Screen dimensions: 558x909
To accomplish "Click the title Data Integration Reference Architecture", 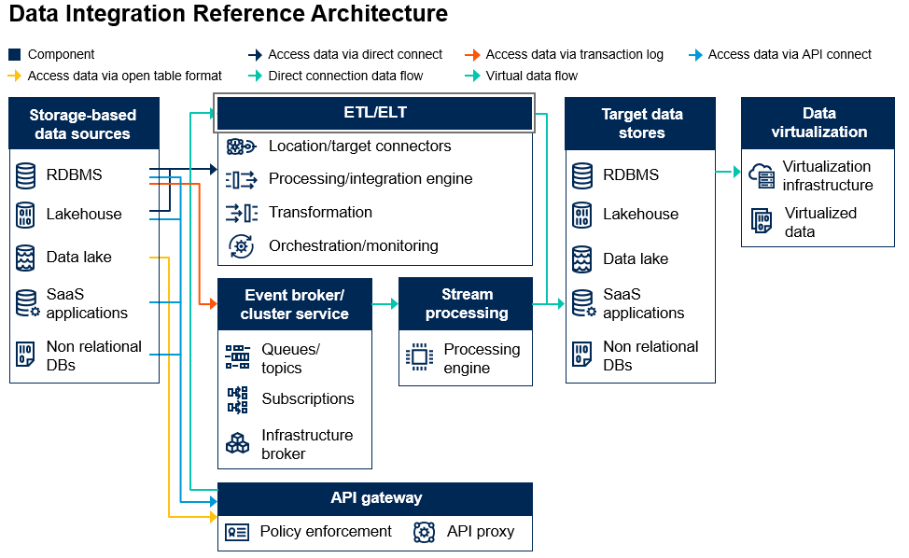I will click(229, 15).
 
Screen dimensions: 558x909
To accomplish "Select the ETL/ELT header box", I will click(374, 113).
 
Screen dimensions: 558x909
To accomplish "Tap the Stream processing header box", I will click(466, 303).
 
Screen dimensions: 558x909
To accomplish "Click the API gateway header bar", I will click(375, 498).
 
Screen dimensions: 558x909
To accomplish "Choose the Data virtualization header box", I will click(818, 123).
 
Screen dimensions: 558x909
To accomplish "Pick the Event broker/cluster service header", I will click(294, 304).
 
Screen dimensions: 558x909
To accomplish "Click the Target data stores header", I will click(641, 123).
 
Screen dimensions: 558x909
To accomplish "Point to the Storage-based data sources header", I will click(83, 124).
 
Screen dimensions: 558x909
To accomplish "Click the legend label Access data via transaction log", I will click(574, 54).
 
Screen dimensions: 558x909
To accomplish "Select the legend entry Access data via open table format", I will click(124, 76).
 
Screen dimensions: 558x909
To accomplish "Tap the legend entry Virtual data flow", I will click(532, 76).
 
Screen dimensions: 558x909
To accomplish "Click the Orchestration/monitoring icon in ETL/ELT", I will click(241, 246).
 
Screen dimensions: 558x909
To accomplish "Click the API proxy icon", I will click(425, 532).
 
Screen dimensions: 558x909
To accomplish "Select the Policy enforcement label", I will click(326, 531).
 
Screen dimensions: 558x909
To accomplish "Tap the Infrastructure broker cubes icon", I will click(238, 443).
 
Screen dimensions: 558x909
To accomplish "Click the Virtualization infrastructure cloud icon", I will click(762, 174).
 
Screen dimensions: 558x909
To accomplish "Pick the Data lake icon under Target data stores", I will click(582, 258).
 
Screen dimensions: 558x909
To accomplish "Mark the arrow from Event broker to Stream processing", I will click(385, 304).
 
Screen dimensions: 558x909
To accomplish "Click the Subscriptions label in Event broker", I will click(307, 398).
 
